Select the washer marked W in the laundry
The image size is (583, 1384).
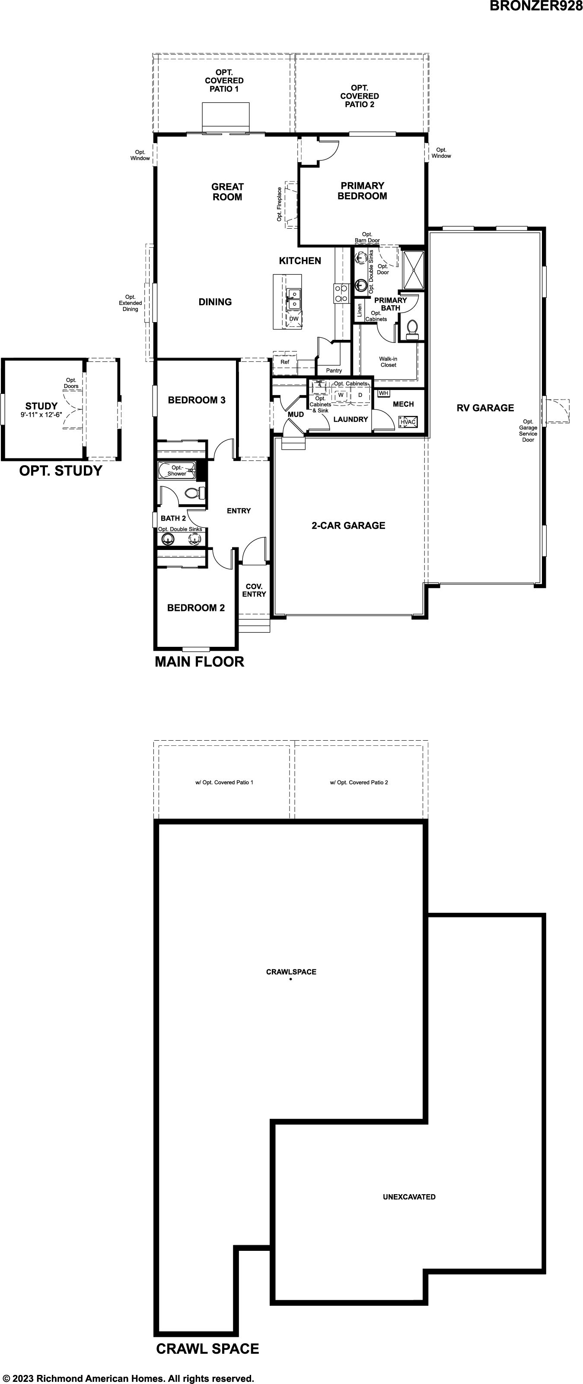341,395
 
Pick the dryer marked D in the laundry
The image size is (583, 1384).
360,395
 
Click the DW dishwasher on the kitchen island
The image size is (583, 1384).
293,319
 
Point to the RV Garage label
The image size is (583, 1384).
485,408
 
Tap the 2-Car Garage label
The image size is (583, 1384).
348,525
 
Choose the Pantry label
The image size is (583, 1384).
334,371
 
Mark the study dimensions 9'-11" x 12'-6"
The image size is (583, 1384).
41,415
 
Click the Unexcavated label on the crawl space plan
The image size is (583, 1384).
409,1197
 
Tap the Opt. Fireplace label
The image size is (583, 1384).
279,204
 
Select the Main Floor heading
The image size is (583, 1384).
199,662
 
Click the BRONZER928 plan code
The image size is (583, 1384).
536,6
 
